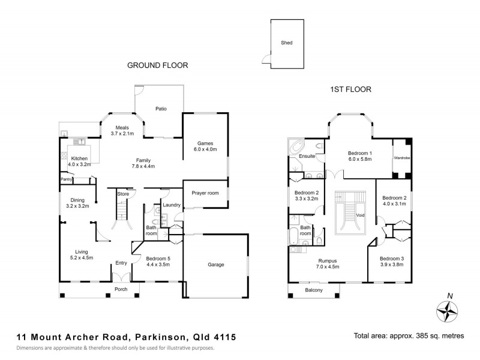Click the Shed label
(x=286, y=43)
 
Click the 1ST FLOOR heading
(x=351, y=89)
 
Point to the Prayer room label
(x=205, y=193)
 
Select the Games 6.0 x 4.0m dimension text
(x=206, y=149)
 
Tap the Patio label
(x=160, y=109)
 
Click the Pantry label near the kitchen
(x=66, y=179)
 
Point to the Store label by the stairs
(x=123, y=193)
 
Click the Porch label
(x=121, y=289)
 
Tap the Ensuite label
(x=307, y=157)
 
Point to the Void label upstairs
(x=360, y=214)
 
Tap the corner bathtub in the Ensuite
(x=297, y=147)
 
